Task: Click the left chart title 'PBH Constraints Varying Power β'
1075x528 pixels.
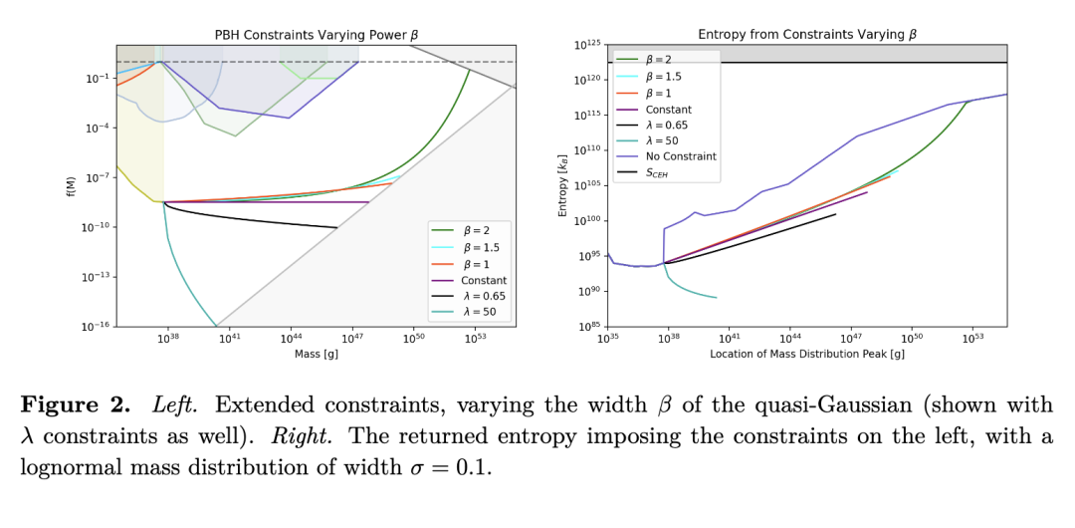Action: [317, 35]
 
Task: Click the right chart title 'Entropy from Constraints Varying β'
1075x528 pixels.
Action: [807, 35]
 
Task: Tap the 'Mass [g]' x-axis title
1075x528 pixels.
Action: [317, 354]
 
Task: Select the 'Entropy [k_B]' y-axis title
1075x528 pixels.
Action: [564, 186]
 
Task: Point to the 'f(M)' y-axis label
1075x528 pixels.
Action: [72, 186]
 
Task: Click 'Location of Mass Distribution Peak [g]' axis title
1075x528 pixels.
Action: [807, 354]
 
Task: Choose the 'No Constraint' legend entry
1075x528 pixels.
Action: [681, 156]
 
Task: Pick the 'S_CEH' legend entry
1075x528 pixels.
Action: [662, 172]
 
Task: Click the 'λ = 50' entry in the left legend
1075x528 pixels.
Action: [482, 312]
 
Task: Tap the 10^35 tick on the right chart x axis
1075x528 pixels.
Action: [608, 339]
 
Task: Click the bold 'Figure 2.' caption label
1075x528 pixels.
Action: [76, 405]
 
